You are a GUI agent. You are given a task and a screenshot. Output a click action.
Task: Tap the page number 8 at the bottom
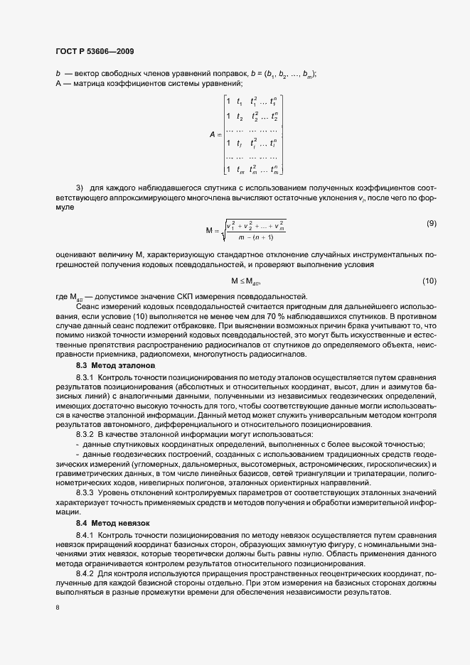click(x=58, y=608)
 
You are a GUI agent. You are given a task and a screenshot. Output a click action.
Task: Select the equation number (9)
click(x=431, y=224)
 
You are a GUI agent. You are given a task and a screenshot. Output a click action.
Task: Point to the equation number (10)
click(x=429, y=281)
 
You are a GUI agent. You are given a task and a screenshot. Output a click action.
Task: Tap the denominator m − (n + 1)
click(x=255, y=237)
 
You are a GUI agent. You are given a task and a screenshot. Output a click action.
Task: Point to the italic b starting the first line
click(x=58, y=75)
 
